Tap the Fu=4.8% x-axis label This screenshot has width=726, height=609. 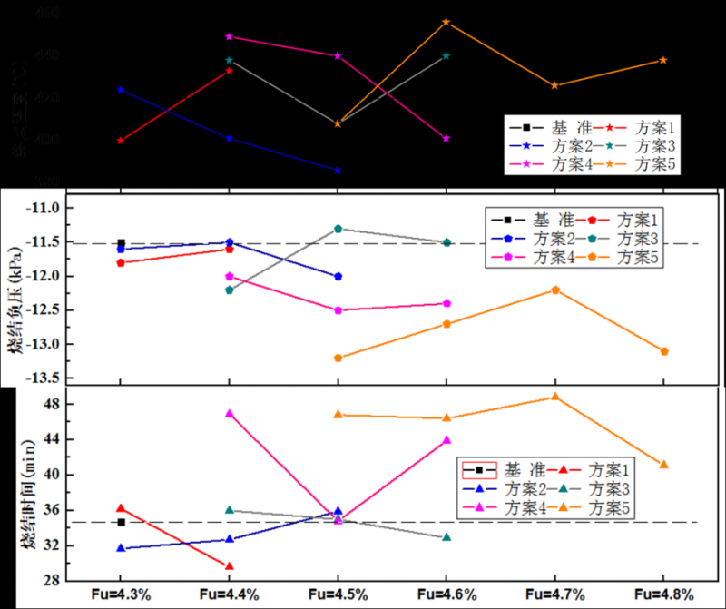coord(664,595)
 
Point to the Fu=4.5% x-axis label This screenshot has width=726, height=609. coord(338,595)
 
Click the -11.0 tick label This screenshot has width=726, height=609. coord(48,208)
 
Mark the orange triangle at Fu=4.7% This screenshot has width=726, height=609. coord(555,397)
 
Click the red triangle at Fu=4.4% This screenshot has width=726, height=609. coord(230,566)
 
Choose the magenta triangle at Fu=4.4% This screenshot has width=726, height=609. coord(230,413)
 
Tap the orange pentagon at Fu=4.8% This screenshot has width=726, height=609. coord(664,351)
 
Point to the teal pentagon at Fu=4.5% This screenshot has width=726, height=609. coord(338,229)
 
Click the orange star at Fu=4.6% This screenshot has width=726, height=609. coord(446,22)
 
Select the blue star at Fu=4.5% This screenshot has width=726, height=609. coord(338,170)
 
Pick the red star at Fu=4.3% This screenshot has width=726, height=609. coord(121,141)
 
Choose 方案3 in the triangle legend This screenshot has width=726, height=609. coord(613,488)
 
